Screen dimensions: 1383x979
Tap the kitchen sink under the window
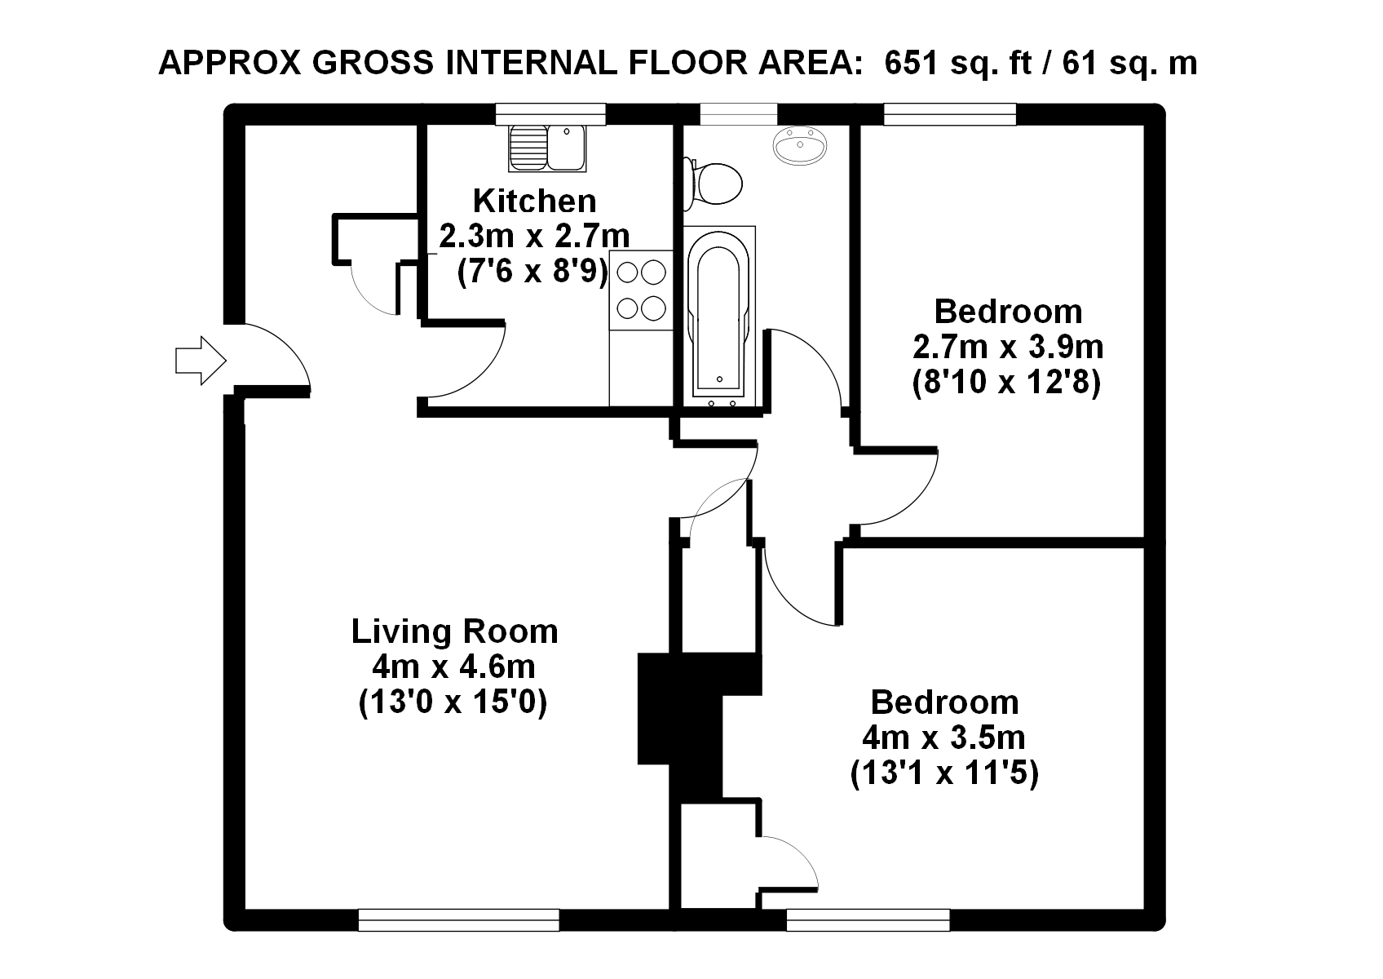(547, 148)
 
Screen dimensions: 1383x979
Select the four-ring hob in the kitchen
(641, 290)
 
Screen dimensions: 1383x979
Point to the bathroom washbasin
(800, 146)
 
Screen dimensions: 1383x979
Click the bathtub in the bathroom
(719, 317)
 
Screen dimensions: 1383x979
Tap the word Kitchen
(535, 201)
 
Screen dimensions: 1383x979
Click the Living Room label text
(455, 631)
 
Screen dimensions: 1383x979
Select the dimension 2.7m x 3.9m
(1008, 347)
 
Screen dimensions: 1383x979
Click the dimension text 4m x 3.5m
(944, 738)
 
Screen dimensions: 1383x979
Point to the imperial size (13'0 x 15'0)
(453, 702)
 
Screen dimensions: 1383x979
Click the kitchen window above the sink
(550, 114)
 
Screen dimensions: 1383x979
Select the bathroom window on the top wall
(739, 114)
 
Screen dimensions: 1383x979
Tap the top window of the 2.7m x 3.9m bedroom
(950, 114)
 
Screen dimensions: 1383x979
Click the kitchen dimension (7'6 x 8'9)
(532, 271)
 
